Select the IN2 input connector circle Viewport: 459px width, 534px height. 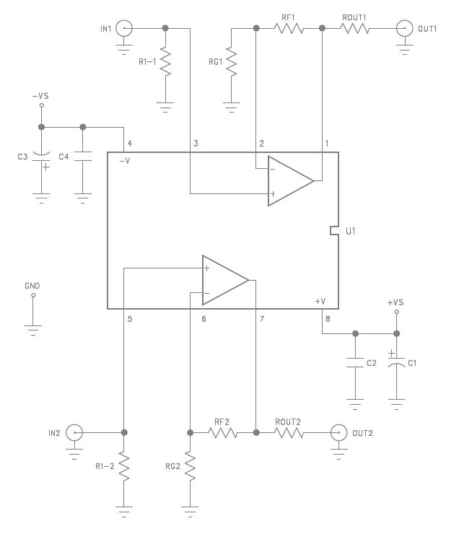(x=74, y=433)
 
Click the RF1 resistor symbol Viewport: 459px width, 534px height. (x=289, y=29)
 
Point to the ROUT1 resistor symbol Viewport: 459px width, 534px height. (x=355, y=29)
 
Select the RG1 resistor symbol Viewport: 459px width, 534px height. (x=232, y=62)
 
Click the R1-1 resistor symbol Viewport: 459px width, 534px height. (x=165, y=63)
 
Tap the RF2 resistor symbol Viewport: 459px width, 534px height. (x=223, y=433)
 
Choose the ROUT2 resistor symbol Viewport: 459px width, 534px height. (x=289, y=433)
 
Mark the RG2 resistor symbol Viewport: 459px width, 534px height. (x=190, y=467)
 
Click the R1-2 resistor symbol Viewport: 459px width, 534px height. (x=124, y=467)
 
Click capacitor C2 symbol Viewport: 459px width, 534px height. (x=354, y=363)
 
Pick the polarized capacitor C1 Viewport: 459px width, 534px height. (x=395, y=362)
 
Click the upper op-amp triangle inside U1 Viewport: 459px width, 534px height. (x=289, y=181)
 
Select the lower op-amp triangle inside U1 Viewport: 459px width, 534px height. (x=224, y=279)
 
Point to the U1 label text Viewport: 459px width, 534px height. (x=351, y=232)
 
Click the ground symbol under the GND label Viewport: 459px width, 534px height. (x=32, y=329)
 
